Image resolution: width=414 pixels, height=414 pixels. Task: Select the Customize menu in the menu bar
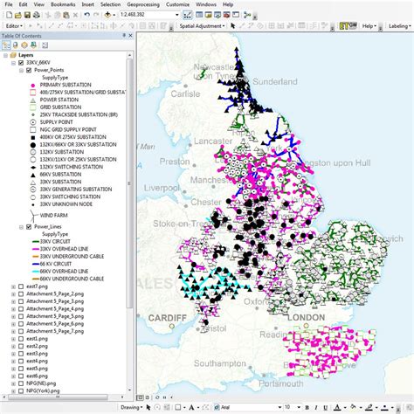[178, 4]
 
